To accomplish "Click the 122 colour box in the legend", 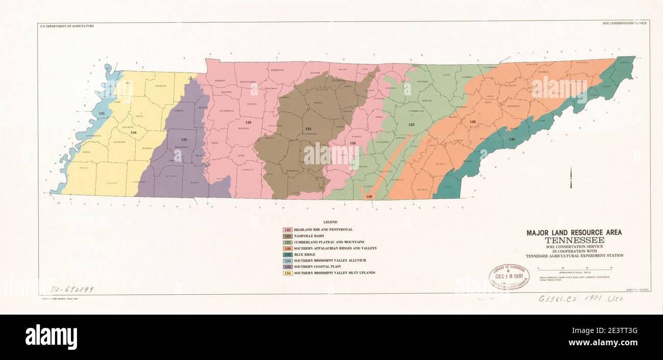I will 287,230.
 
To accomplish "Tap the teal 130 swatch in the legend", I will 287,254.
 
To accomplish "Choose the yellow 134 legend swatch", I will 287,273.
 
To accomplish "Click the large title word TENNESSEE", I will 574,240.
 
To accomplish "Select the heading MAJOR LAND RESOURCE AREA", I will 574,233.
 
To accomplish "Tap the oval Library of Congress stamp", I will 508,277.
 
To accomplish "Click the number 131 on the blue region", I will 102,113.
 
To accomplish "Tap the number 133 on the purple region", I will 184,139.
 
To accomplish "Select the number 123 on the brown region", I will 308,129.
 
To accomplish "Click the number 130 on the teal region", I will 512,139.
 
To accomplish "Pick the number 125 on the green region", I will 411,124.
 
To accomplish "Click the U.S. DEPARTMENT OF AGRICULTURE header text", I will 67,26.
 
